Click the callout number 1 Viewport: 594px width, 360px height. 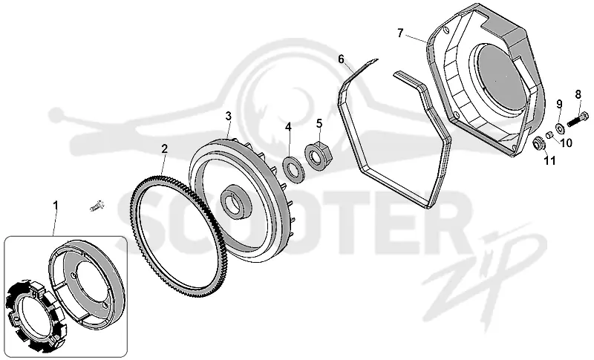pos(56,206)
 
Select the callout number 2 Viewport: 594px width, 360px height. pos(164,148)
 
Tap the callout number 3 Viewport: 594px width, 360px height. pos(228,117)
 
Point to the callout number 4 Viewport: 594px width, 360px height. pos(289,127)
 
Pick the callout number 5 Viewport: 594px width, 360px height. pos(319,123)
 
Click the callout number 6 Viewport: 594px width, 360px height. pos(342,59)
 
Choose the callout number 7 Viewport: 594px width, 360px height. pos(400,33)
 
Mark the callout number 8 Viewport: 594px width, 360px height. pos(578,94)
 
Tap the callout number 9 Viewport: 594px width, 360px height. pos(559,104)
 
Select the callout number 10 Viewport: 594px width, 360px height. pos(566,143)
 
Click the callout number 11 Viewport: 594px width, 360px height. pos(549,161)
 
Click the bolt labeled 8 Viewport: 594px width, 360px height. pos(578,119)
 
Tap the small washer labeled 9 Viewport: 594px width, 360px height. pos(560,128)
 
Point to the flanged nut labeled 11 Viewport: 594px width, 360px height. pos(538,144)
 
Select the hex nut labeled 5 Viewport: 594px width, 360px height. pos(319,155)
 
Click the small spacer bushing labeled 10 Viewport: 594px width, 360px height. pos(548,135)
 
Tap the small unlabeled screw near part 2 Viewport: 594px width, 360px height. pos(97,206)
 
